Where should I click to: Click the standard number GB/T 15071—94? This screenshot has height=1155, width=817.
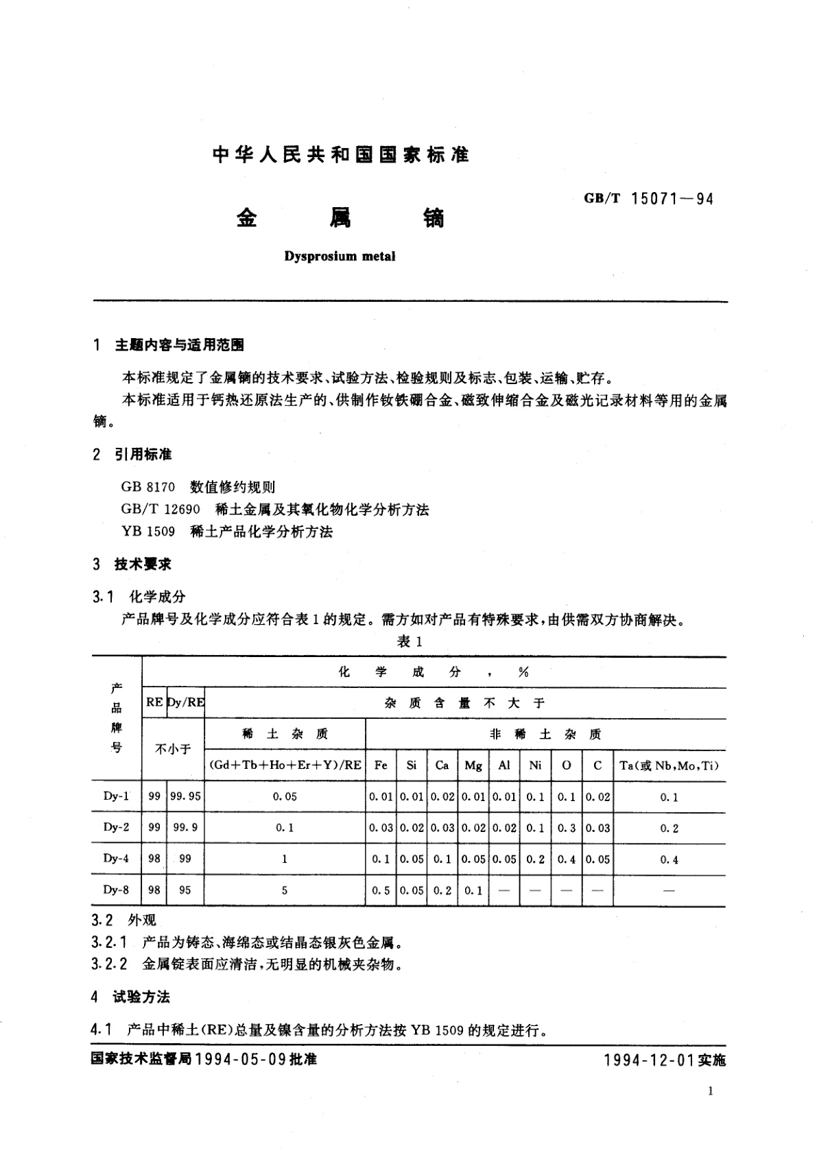[x=648, y=199]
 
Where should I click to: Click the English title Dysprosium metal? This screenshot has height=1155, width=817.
[x=340, y=257]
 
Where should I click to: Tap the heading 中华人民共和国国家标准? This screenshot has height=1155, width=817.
[x=340, y=155]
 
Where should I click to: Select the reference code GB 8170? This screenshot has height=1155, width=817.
[x=147, y=487]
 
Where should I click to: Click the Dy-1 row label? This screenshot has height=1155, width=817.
[x=116, y=796]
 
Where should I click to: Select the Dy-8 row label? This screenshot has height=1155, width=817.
[x=116, y=890]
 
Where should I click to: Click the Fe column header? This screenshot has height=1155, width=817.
[x=381, y=765]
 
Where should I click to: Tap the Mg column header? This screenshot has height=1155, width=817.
[x=473, y=765]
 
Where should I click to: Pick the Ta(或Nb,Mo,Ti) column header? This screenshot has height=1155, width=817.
[x=669, y=765]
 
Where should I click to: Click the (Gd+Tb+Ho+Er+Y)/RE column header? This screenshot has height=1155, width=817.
[x=285, y=765]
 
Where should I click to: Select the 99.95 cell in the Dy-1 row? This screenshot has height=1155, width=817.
[x=186, y=796]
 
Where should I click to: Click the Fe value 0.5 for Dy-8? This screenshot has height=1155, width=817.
[x=381, y=890]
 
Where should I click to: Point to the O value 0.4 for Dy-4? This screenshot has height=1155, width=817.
[x=567, y=859]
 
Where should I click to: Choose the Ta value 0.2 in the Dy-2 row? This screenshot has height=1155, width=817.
[x=669, y=828]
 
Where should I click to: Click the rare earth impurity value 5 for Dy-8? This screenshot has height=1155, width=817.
[x=285, y=890]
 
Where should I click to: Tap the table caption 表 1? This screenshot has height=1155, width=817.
[x=409, y=641]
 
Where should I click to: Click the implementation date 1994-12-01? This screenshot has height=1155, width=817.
[x=649, y=1060]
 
